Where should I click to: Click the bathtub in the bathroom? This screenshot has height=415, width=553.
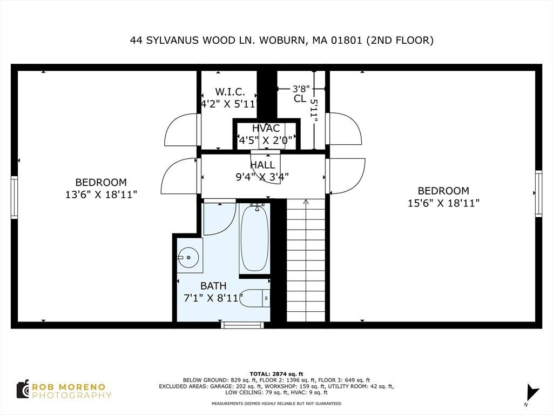(x=254, y=238)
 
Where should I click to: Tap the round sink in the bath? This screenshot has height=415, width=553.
(x=188, y=257)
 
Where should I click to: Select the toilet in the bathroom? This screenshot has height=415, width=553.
(x=255, y=298)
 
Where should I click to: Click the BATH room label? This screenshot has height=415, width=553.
(x=213, y=285)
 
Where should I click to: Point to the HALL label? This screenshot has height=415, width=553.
(x=262, y=165)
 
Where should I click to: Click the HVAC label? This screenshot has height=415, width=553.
(x=266, y=128)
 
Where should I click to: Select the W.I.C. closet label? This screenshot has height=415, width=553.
(x=230, y=92)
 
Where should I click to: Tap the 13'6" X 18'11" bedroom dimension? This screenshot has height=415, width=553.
(x=101, y=195)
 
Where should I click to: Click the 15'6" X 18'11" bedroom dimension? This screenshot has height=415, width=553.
(x=444, y=203)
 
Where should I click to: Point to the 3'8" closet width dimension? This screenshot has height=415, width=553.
(x=301, y=89)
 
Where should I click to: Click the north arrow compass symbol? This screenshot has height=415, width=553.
(x=532, y=392)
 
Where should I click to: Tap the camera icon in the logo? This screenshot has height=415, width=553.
(x=23, y=390)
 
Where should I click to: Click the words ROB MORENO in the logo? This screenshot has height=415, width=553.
(x=69, y=387)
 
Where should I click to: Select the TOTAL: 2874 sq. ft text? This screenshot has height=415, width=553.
(x=276, y=374)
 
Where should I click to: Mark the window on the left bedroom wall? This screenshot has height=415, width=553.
(x=14, y=197)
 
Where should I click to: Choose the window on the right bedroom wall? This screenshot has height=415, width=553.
(x=538, y=193)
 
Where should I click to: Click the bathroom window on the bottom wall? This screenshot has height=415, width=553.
(x=242, y=325)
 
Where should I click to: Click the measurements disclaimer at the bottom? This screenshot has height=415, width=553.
(x=276, y=403)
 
